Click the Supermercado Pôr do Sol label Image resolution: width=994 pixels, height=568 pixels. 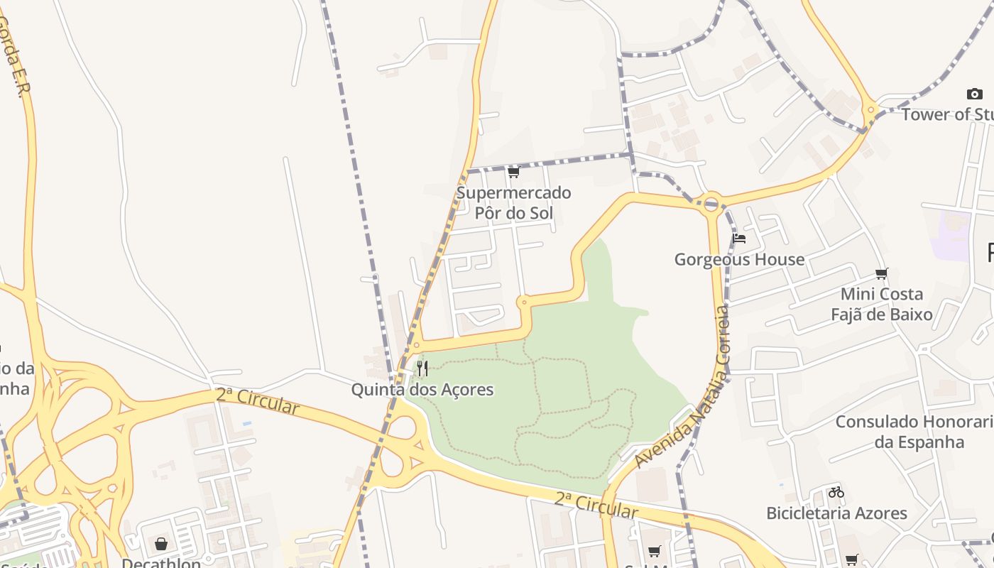point(513,202)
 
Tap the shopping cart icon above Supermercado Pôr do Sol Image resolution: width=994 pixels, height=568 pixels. point(513,172)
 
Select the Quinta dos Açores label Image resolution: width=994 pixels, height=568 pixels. point(422,390)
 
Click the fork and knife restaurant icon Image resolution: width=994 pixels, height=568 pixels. point(422,368)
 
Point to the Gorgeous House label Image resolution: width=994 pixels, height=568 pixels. point(739,259)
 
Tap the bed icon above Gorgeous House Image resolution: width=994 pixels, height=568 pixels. point(739,239)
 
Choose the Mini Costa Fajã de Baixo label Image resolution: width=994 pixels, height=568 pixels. point(882,304)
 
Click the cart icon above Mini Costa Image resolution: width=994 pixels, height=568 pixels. point(882,273)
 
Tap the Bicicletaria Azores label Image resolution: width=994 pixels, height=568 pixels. point(836,513)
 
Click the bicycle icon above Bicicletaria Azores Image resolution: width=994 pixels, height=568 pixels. point(836,491)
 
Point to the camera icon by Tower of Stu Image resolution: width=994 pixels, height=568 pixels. point(974,94)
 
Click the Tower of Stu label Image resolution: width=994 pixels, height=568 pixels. point(947,114)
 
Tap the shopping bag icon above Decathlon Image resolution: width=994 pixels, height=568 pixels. point(161,544)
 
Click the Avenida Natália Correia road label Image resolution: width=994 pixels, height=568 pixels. point(682,387)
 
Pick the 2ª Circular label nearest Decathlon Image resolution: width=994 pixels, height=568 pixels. point(257,401)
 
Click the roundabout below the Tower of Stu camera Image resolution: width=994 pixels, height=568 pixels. point(870,110)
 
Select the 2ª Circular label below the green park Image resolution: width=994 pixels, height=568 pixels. point(596,506)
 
